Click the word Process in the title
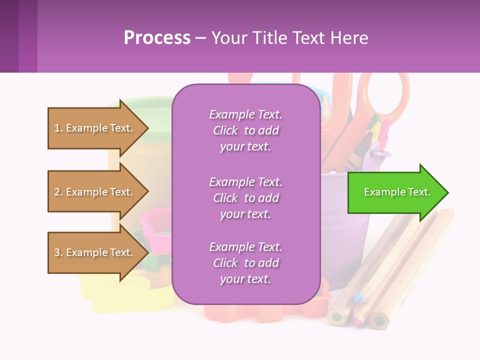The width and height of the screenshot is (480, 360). pyautogui.click(x=157, y=38)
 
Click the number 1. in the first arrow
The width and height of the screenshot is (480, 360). pyautogui.click(x=58, y=128)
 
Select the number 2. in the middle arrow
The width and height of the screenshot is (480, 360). pyautogui.click(x=58, y=192)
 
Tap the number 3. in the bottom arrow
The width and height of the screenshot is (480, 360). pyautogui.click(x=58, y=252)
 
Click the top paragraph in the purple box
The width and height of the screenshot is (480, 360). pyautogui.click(x=245, y=130)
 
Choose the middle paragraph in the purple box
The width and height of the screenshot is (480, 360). pyautogui.click(x=245, y=198)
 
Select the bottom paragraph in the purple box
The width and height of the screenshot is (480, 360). pyautogui.click(x=245, y=263)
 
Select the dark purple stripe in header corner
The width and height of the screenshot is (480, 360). pyautogui.click(x=9, y=36)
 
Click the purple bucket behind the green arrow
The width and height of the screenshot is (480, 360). pyautogui.click(x=350, y=235)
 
